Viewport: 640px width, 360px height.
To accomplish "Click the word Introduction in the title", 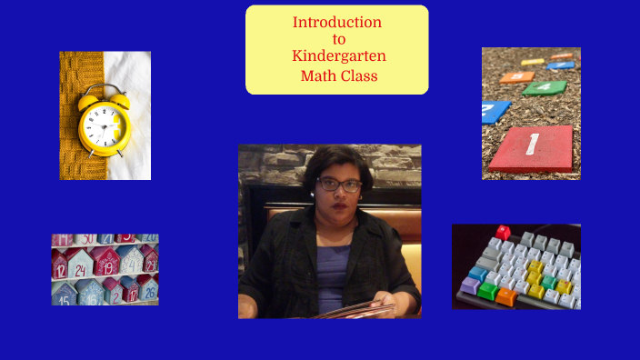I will click(336, 22).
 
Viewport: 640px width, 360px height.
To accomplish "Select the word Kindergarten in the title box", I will click(338, 56).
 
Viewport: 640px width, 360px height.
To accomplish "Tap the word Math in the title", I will click(316, 75).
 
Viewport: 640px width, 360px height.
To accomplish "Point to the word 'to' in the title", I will click(338, 39).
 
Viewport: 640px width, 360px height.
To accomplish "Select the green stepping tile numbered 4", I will click(544, 88).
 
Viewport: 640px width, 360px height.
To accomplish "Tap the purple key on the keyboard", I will click(470, 285).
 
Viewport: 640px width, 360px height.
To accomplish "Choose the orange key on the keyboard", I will click(506, 296).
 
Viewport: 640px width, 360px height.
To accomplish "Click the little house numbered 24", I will click(80, 267).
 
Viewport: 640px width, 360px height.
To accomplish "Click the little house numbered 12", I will click(60, 266).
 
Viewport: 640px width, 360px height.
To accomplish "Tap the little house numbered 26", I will click(147, 291).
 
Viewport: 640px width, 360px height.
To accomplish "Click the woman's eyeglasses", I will click(338, 185).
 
